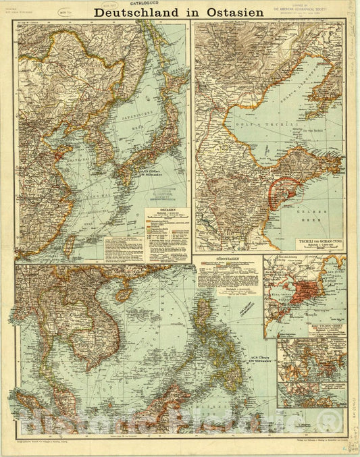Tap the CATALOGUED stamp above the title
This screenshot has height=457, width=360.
pyautogui.click(x=153, y=3)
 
